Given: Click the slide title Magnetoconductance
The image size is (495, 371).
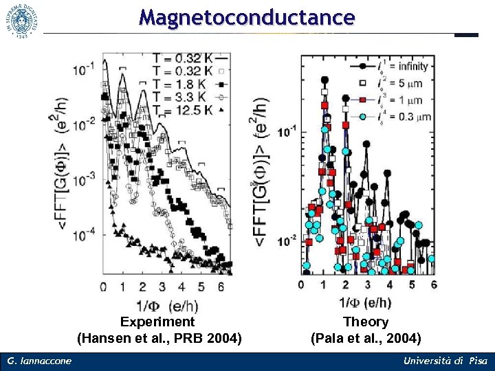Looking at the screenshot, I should (x=247, y=16).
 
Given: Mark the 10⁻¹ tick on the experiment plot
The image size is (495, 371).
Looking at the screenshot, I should (x=86, y=69).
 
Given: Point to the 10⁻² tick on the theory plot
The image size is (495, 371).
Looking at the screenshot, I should (x=286, y=240).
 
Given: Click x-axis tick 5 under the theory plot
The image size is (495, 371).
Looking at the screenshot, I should (x=411, y=285).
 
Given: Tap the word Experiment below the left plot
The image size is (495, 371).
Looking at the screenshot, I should (x=157, y=322).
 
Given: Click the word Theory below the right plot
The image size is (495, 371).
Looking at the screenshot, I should (x=366, y=322).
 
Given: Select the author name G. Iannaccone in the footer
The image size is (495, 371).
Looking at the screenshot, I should (x=39, y=361).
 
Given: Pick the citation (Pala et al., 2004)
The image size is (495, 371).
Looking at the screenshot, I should (x=366, y=338).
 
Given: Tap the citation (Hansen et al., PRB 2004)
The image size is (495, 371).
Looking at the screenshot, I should (x=159, y=338).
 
